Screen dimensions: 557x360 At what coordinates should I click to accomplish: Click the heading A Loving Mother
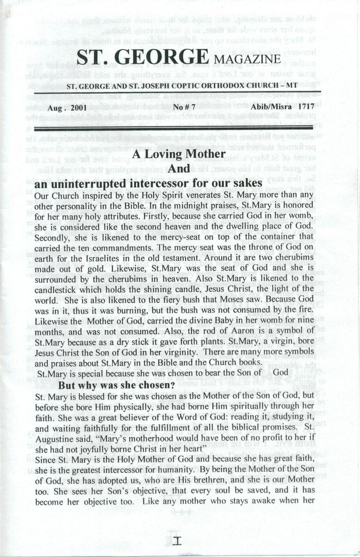tap(179, 155)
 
